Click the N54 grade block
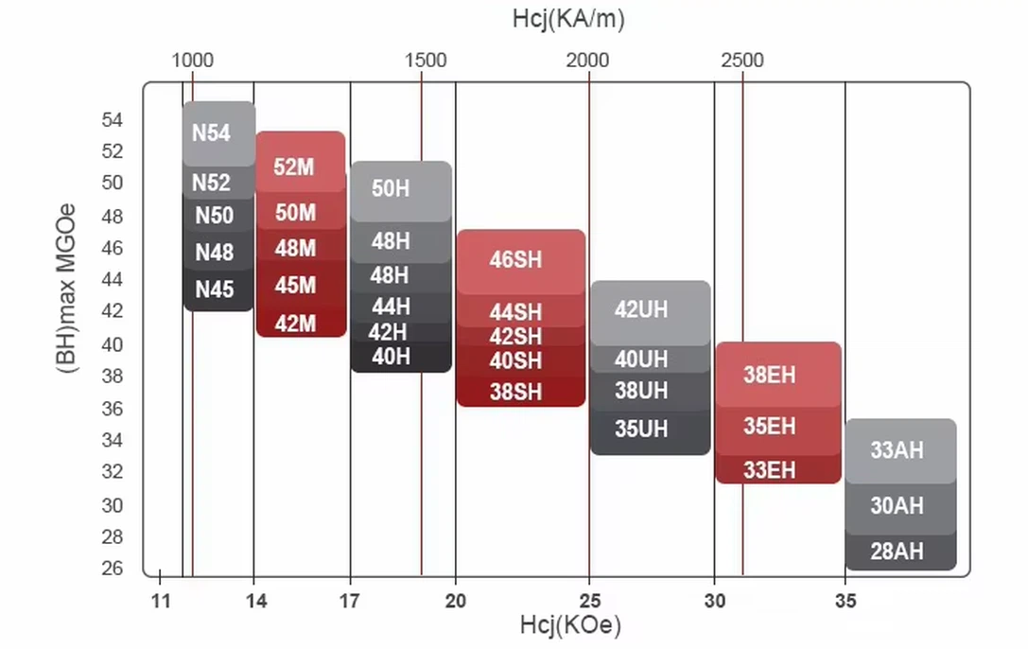tap(212, 132)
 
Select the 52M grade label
tap(294, 167)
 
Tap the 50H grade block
tap(391, 188)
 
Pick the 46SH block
tap(516, 259)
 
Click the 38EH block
tap(770, 375)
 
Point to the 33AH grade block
tap(897, 450)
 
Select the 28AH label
tap(897, 552)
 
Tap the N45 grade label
tap(215, 289)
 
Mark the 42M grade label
tap(295, 324)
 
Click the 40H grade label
tap(391, 357)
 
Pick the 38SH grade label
tap(516, 392)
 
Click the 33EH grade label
tap(770, 470)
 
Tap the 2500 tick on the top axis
tap(742, 61)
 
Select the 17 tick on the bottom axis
tap(350, 600)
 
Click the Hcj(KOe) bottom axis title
tap(570, 625)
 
